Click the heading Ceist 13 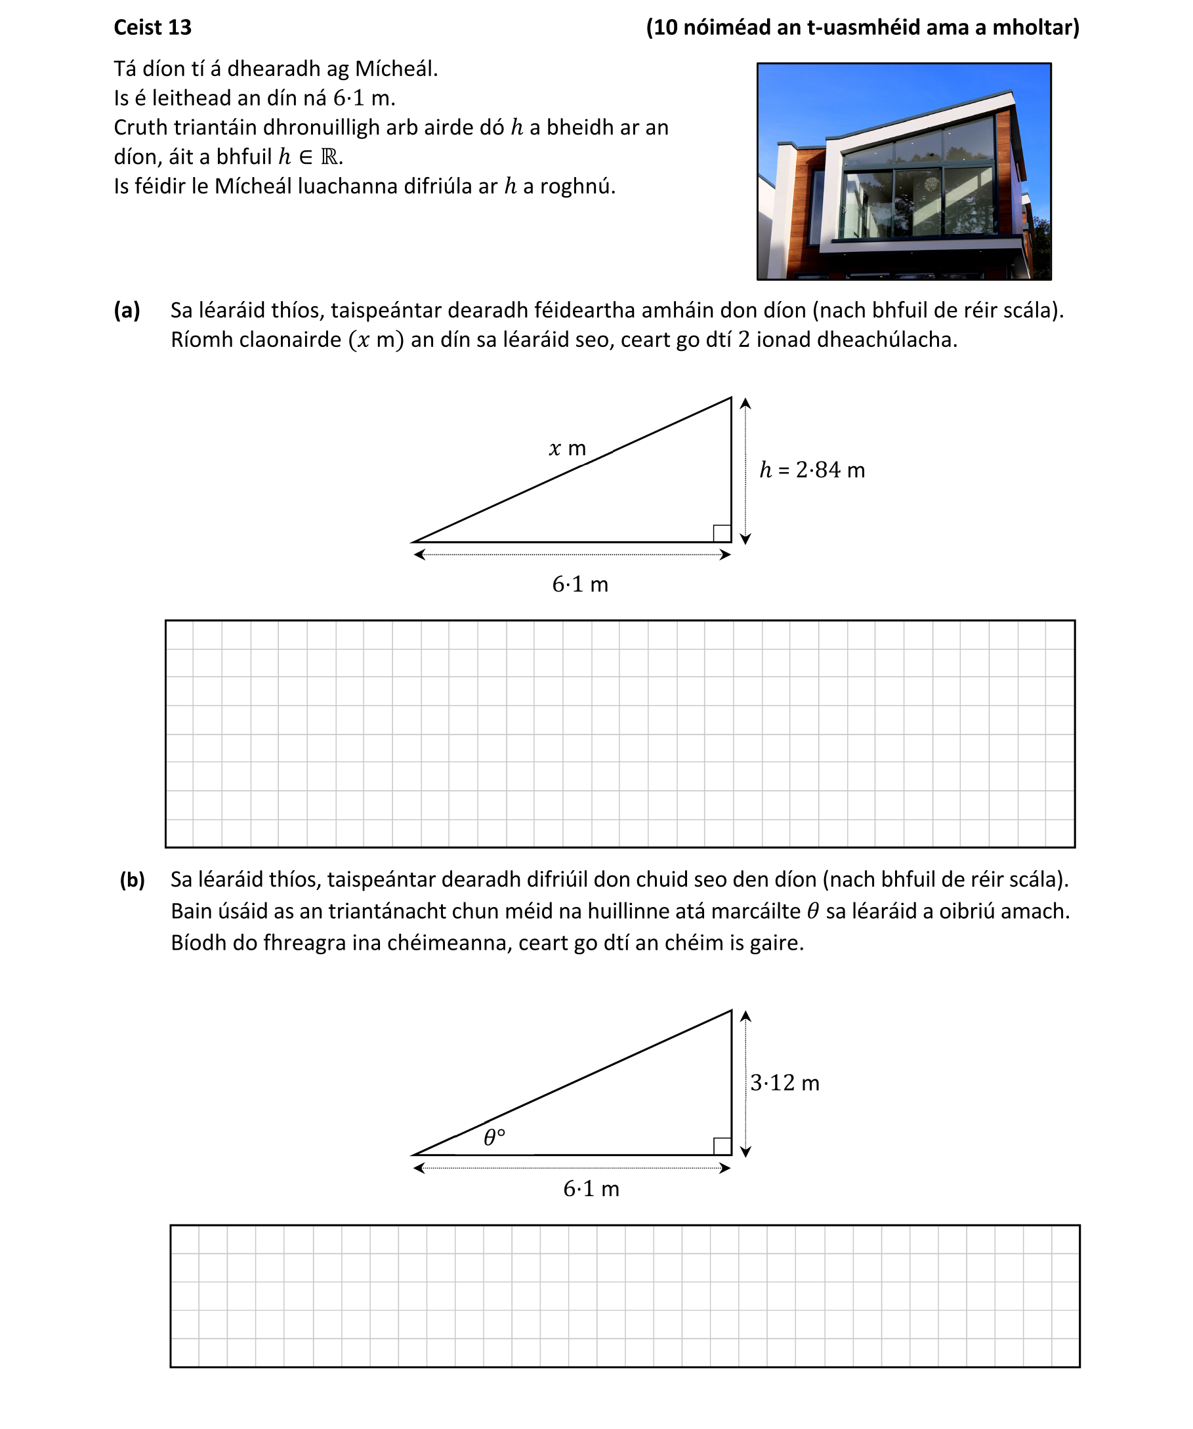tap(152, 28)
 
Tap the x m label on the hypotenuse tap(567, 449)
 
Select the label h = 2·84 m tap(812, 470)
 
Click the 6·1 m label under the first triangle tap(580, 584)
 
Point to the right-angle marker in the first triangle tap(722, 533)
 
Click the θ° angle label tap(494, 1138)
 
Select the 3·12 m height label tap(784, 1083)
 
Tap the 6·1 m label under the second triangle tap(591, 1189)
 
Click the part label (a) tap(127, 310)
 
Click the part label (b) tap(132, 880)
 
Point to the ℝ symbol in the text tap(329, 157)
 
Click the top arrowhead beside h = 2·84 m tap(745, 403)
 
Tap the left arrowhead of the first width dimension tap(419, 555)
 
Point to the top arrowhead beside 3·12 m tap(745, 1016)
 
